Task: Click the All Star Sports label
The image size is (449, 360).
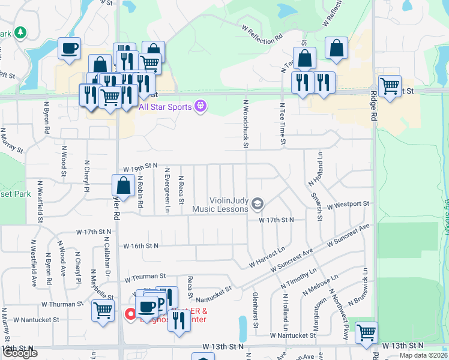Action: click(165, 107)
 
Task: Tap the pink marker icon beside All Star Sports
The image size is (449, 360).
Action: click(200, 107)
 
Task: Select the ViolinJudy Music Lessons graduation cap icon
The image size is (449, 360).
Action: click(258, 204)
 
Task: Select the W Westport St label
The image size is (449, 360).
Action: click(348, 205)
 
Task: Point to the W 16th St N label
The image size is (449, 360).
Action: click(140, 245)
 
